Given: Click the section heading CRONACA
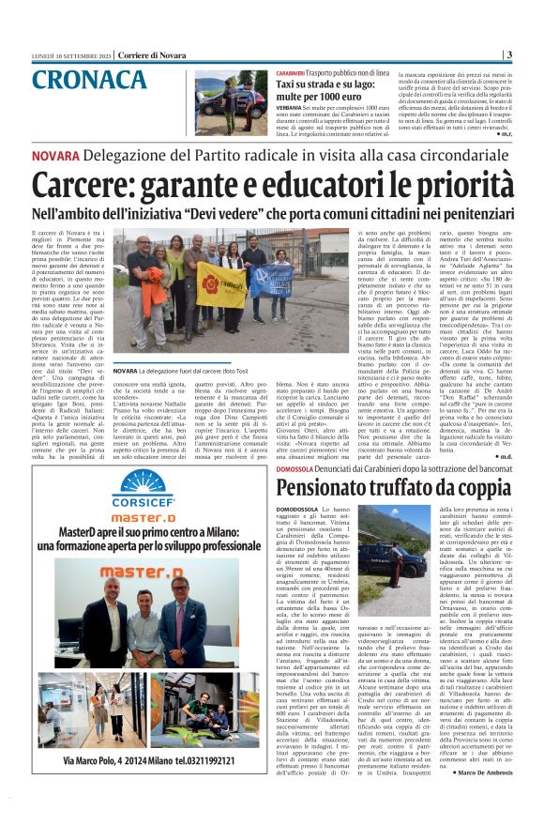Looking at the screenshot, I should pos(86,79).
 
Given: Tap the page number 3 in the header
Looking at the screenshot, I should pos(507,54).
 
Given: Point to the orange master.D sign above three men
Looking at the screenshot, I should pos(142,571).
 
